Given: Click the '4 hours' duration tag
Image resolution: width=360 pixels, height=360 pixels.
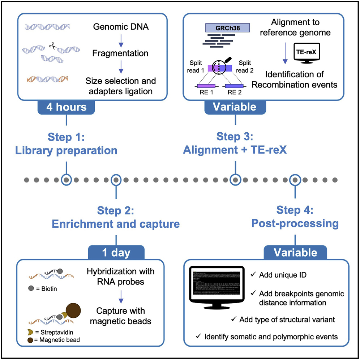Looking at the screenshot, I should (66, 107).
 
